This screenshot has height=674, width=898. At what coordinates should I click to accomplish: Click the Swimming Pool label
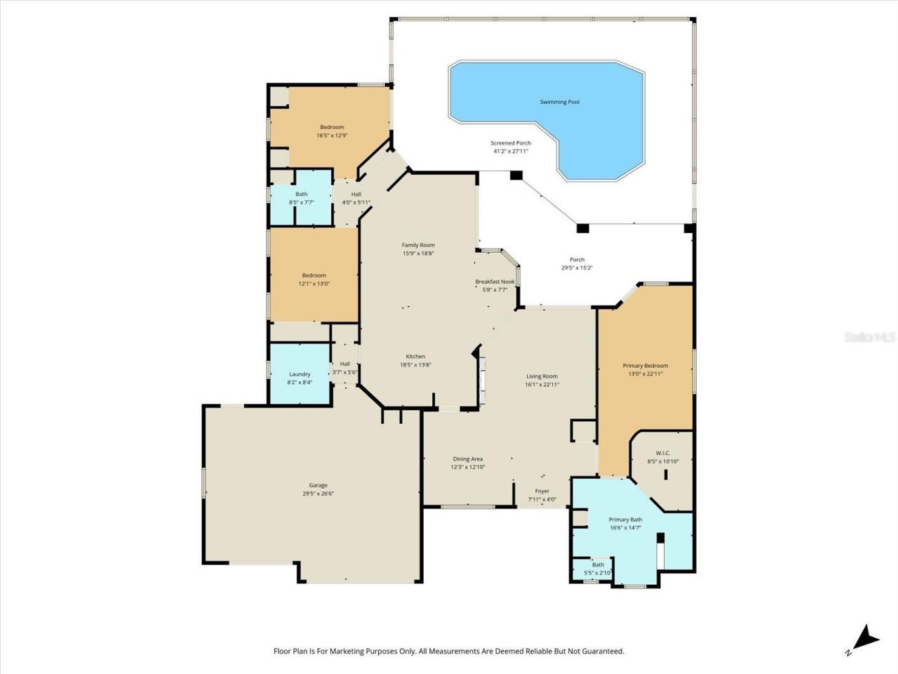pos(559,102)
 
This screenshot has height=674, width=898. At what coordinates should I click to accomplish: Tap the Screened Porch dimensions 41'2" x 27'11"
pos(510,151)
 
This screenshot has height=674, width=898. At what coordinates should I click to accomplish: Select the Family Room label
pos(418,245)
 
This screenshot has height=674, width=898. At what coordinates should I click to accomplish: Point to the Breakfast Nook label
pos(495,282)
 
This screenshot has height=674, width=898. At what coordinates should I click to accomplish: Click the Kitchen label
pos(415,357)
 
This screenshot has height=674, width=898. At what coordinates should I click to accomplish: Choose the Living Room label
pos(542,376)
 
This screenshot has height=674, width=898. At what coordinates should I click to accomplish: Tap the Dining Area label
pos(467,459)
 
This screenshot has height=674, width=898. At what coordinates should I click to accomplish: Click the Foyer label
pos(542,491)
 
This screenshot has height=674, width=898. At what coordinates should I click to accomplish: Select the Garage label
pos(318,485)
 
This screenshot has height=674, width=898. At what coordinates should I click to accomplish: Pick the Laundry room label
pos(300,374)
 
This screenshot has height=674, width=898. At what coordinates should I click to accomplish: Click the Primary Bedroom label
pos(645,366)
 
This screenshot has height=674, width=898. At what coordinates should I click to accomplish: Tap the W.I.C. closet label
pos(663,453)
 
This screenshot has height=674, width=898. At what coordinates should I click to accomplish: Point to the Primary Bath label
pos(625,520)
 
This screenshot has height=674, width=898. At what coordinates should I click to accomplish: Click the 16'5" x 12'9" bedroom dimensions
pos(332,136)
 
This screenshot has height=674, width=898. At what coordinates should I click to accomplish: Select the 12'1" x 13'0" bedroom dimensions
pos(314,284)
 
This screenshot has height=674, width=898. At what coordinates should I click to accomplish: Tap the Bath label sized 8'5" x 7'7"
pos(301,194)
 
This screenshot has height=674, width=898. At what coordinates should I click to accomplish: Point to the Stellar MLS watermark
pos(870,338)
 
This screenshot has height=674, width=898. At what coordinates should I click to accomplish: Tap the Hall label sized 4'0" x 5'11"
pos(356,194)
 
